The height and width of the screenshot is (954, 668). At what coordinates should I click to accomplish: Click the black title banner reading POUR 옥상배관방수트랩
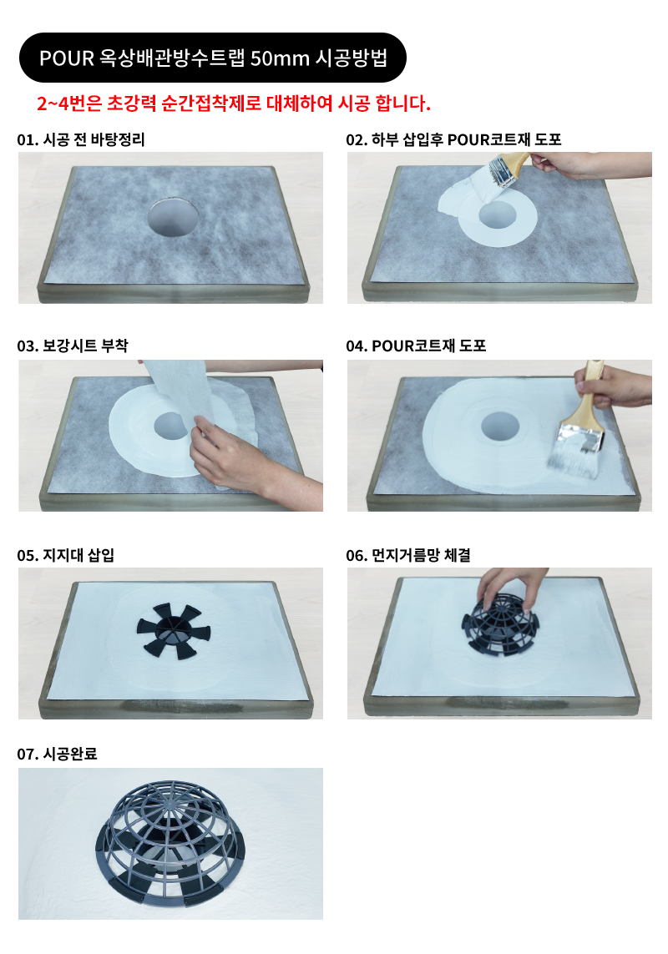(213, 58)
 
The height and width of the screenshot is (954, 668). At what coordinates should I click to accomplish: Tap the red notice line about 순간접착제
(234, 103)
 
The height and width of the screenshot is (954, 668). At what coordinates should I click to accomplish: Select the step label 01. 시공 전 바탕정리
(81, 140)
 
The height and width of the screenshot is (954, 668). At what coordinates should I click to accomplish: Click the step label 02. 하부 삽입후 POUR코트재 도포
(453, 140)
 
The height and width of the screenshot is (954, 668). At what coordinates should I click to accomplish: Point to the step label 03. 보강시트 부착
(73, 346)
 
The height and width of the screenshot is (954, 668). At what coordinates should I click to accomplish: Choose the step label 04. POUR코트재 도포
(416, 346)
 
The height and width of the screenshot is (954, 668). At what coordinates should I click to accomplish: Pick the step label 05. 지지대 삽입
(66, 555)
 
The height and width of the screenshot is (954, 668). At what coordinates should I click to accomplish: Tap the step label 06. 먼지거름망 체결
(408, 555)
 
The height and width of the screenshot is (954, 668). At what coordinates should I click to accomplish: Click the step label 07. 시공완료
(58, 755)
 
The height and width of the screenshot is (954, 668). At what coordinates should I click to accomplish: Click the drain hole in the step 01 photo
(173, 217)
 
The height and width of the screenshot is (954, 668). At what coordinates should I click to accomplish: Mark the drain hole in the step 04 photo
(500, 426)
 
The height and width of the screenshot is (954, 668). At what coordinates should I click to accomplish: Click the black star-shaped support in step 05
(174, 631)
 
